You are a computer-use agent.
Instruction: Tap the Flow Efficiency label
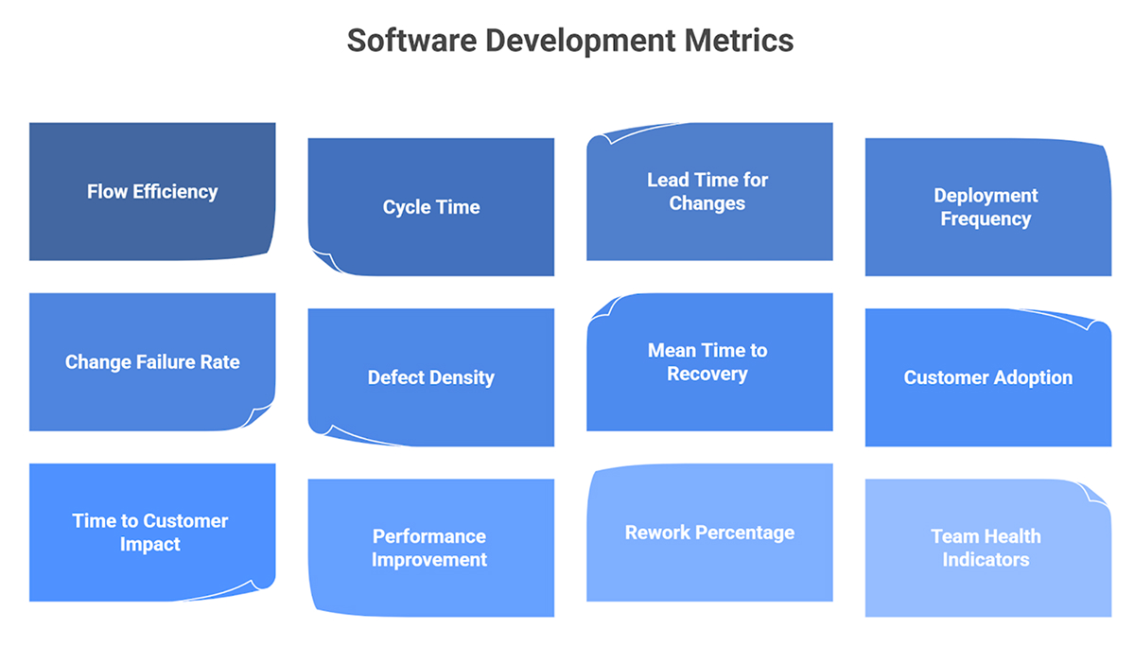click(x=152, y=191)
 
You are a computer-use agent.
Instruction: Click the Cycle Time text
click(x=431, y=207)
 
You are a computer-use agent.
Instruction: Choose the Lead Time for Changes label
click(x=707, y=191)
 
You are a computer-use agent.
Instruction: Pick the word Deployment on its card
click(x=986, y=196)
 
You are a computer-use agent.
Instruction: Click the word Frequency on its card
click(x=986, y=219)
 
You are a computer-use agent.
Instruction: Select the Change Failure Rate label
click(x=152, y=361)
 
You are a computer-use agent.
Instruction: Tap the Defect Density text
click(x=431, y=377)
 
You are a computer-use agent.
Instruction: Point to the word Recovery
click(x=707, y=374)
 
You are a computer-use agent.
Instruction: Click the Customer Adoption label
click(x=987, y=377)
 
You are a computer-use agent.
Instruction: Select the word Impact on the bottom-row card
click(x=149, y=545)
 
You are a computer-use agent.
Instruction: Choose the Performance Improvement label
click(x=429, y=548)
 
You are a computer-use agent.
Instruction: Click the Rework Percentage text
click(x=709, y=533)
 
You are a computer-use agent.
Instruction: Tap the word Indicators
click(x=986, y=559)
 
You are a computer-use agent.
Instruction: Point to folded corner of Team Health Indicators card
click(x=1098, y=494)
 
